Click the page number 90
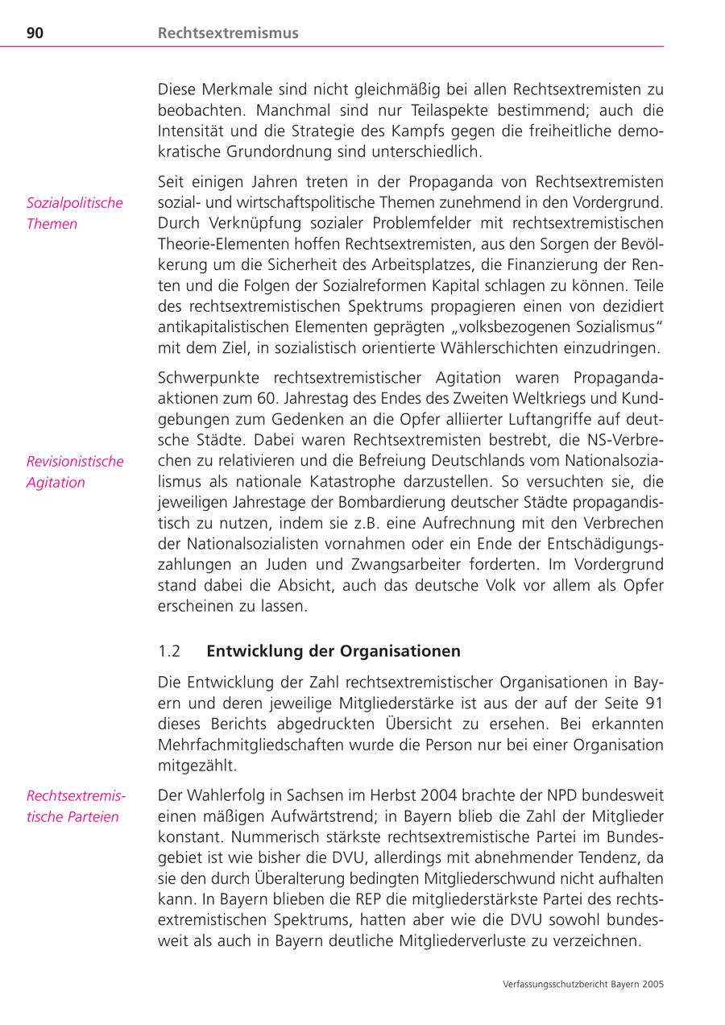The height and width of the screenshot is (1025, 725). click(35, 33)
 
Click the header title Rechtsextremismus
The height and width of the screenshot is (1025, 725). click(228, 33)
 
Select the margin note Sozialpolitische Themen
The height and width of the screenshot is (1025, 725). click(75, 214)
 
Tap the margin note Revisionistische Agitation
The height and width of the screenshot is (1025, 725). click(75, 472)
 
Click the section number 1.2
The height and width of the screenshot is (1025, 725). click(169, 650)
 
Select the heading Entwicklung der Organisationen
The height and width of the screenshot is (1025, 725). click(333, 650)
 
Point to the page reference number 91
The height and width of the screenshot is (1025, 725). click(653, 702)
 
